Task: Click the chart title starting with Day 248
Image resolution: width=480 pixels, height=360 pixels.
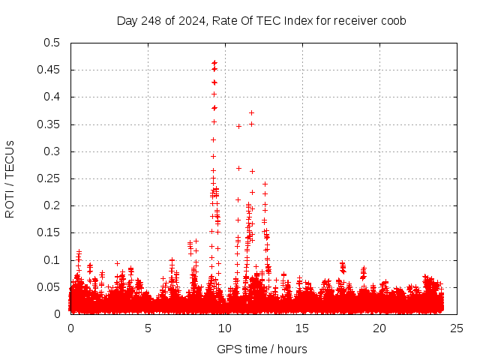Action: click(261, 20)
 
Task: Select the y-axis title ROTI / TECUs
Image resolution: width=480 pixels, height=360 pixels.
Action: click(10, 178)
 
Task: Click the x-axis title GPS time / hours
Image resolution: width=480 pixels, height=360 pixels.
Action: click(261, 349)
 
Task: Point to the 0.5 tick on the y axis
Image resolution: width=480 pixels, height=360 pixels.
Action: click(52, 43)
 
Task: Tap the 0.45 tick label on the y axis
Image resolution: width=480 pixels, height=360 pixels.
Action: click(49, 70)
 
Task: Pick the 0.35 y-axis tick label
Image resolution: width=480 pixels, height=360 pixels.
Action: click(49, 124)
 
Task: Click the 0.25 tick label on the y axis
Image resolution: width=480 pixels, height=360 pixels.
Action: click(49, 178)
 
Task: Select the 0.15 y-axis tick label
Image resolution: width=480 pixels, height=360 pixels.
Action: click(49, 233)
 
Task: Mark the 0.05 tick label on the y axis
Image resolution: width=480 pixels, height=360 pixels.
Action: click(49, 287)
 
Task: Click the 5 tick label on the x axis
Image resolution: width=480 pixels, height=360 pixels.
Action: click(148, 328)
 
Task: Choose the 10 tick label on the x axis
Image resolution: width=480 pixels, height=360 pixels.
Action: click(225, 328)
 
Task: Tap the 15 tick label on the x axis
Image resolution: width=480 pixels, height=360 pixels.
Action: click(302, 328)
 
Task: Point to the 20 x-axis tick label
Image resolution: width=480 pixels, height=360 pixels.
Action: click(379, 328)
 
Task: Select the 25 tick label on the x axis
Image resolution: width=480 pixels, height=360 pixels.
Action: click(457, 328)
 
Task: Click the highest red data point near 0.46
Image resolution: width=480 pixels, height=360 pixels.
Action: click(214, 63)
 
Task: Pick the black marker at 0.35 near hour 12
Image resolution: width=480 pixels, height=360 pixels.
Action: click(252, 124)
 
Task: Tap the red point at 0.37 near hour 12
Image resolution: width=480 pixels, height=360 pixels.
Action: click(251, 112)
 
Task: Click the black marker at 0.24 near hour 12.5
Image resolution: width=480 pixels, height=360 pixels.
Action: click(265, 184)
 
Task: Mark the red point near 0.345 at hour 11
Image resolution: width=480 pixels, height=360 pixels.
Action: click(238, 126)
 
